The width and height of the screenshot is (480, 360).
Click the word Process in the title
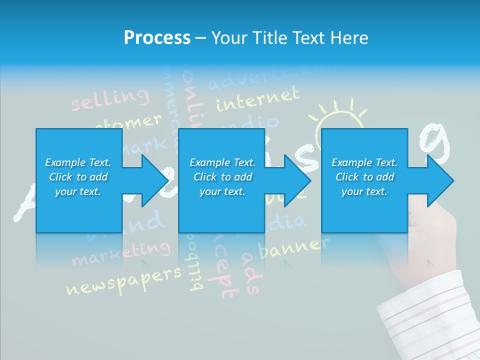[157, 37]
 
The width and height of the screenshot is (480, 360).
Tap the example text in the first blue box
[78, 177]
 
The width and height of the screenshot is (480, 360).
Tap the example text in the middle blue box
[222, 177]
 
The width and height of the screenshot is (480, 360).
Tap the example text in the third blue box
[364, 177]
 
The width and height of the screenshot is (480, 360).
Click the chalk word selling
[110, 98]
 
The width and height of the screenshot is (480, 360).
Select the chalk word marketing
[120, 253]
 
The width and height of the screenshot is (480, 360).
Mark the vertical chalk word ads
[250, 272]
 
